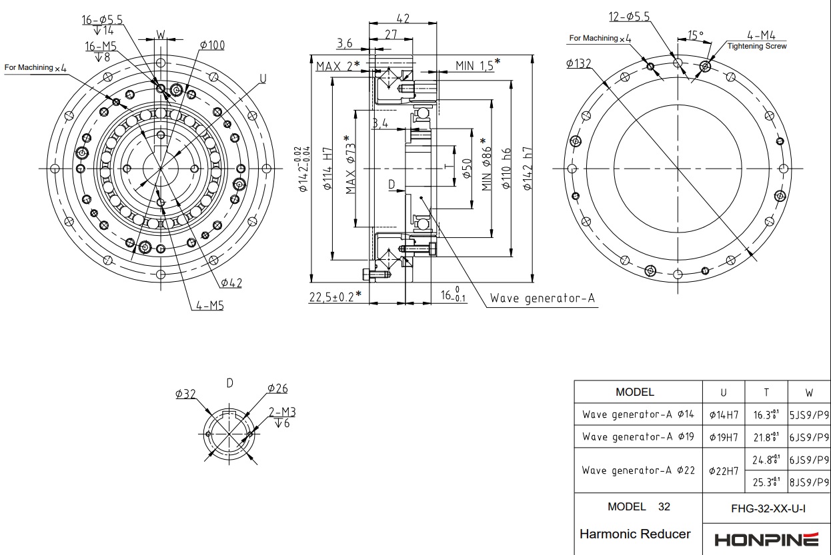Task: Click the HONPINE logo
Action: pos(766,539)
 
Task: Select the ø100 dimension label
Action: pos(212,45)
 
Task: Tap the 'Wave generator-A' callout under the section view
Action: pos(542,298)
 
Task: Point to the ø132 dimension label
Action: pos(579,63)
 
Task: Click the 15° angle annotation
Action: pos(696,35)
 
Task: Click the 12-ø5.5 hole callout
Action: pos(629,17)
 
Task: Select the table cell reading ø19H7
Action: pos(724,437)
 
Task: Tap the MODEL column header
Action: pos(635,392)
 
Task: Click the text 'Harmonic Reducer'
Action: pos(635,534)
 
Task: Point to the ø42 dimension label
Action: pos(231,283)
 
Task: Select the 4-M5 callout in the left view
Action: pos(209,306)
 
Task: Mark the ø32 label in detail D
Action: pos(185,394)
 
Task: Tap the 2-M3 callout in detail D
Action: pos(282,412)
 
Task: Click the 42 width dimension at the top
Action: pos(403,19)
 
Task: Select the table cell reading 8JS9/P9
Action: pos(809,481)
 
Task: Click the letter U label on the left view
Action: pos(263,79)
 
